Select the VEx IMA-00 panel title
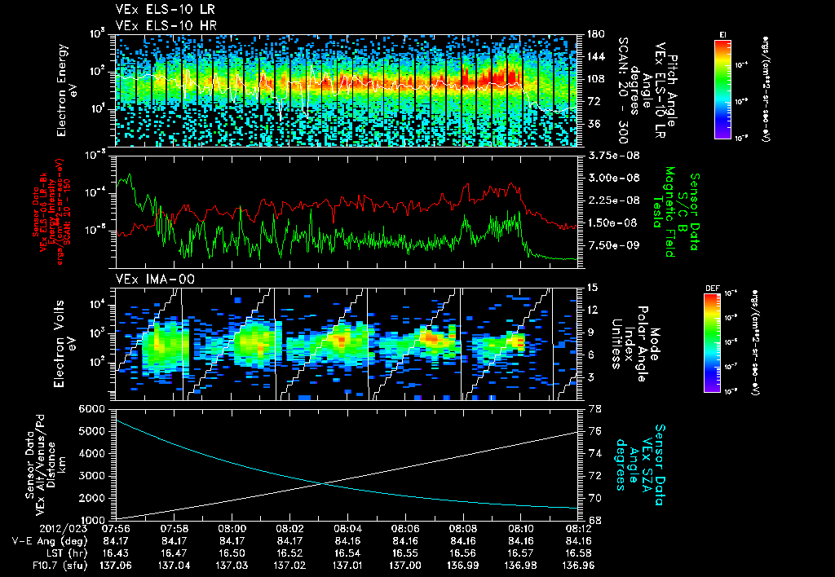click(x=148, y=279)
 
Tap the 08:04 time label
click(x=348, y=528)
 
